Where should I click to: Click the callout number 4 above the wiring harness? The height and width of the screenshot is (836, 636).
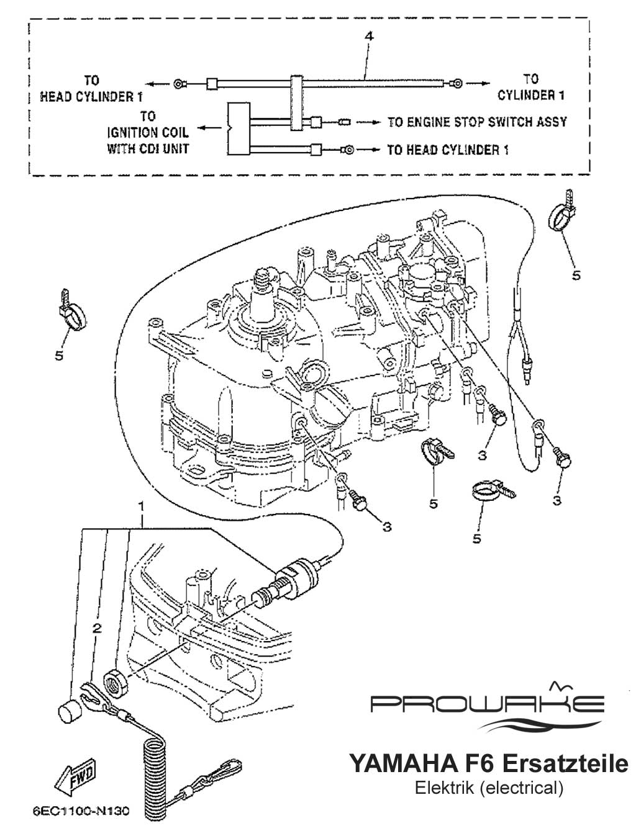[369, 37]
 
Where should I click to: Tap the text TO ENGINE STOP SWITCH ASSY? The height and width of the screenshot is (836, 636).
[477, 122]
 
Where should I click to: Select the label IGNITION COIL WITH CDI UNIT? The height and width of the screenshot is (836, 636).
[148, 132]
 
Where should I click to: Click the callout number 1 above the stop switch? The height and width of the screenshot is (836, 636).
[142, 506]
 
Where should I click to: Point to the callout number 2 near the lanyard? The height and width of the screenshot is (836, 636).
[96, 628]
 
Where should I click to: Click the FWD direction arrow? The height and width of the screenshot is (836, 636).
[74, 775]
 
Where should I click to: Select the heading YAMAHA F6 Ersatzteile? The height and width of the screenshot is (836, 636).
[489, 763]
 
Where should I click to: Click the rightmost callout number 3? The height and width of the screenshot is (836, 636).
[556, 499]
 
